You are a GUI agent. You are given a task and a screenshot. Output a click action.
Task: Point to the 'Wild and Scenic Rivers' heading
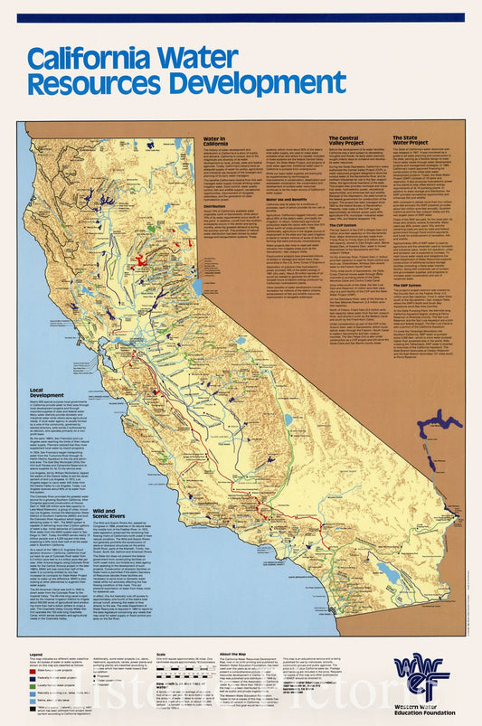pyautogui.click(x=109, y=514)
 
